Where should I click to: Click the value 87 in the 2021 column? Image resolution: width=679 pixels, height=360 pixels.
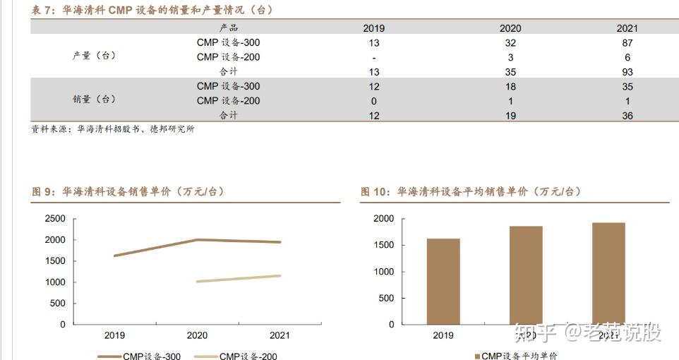click(627, 42)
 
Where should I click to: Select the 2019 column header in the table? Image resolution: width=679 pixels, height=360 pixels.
click(374, 28)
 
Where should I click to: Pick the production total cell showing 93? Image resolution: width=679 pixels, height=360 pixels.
click(627, 72)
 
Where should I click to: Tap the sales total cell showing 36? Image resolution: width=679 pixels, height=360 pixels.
click(627, 116)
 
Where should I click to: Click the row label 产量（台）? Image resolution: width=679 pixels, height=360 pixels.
click(94, 56)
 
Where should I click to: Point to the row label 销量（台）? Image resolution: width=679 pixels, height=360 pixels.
click(94, 100)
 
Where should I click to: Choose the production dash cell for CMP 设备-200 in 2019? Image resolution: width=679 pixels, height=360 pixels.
click(374, 57)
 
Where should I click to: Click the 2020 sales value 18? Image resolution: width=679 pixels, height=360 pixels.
click(510, 86)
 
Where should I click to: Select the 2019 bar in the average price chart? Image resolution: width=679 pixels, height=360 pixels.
click(443, 281)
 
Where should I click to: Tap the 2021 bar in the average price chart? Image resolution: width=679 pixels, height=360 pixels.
click(608, 273)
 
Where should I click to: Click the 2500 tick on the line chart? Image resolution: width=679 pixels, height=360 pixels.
click(54, 219)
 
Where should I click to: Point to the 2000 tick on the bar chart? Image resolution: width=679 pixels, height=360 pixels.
click(383, 220)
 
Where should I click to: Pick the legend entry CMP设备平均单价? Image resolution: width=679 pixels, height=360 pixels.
click(519, 356)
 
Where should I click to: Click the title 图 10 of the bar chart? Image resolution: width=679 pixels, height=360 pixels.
click(471, 191)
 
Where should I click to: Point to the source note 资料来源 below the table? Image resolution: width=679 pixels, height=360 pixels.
click(113, 129)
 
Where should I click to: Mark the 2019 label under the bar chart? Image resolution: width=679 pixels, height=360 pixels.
click(443, 335)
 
